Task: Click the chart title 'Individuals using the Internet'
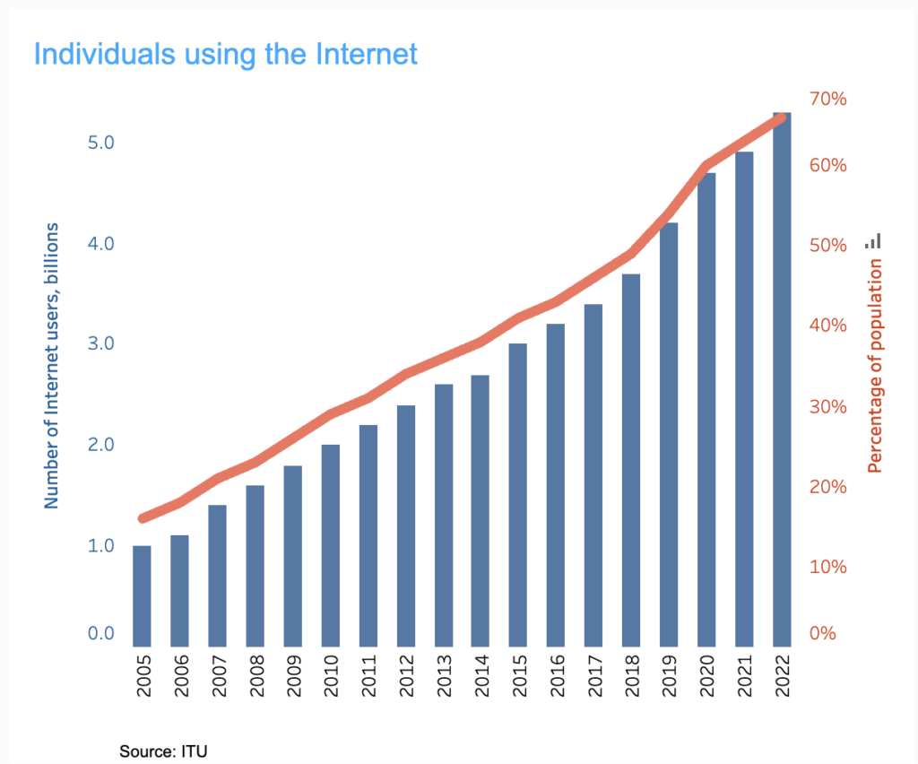pos(226,54)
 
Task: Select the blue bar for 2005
pos(142,595)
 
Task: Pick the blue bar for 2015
pos(518,495)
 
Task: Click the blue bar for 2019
pos(669,434)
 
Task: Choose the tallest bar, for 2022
pos(782,379)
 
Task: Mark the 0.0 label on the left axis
pos(100,633)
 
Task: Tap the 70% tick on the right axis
pos(827,98)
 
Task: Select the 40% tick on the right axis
pos(827,325)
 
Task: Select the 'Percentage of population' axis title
pos(876,366)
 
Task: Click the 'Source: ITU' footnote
pos(163,751)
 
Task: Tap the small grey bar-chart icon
pos(873,240)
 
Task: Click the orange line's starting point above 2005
pos(143,518)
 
